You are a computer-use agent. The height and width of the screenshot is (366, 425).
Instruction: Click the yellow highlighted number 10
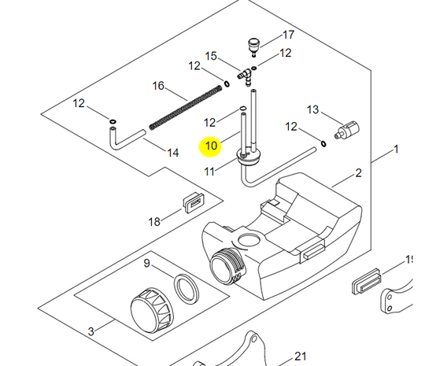(x=211, y=146)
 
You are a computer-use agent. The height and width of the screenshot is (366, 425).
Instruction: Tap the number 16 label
(x=158, y=85)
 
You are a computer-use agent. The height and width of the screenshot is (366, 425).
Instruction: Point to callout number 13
(x=313, y=109)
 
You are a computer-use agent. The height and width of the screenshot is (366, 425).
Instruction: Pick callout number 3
(x=91, y=332)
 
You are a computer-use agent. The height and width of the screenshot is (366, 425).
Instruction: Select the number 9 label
(x=146, y=263)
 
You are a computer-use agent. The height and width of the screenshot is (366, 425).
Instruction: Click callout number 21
(x=300, y=356)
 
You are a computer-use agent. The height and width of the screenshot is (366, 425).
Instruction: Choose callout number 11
(x=209, y=171)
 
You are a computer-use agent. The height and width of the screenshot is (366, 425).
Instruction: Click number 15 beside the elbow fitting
(x=211, y=56)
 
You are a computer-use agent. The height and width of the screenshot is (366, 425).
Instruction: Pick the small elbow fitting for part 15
(x=246, y=76)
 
